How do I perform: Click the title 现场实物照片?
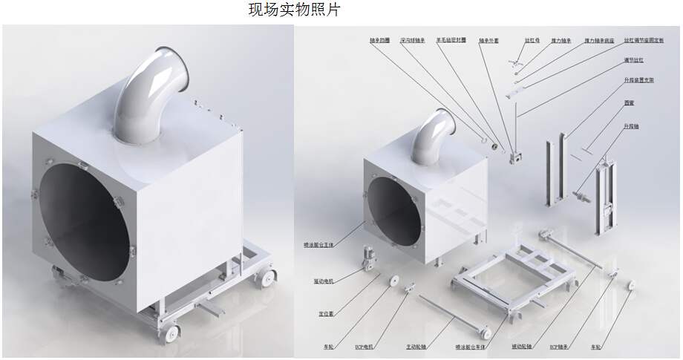click(295, 10)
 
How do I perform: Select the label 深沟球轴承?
click(412, 42)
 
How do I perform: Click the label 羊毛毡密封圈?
click(451, 42)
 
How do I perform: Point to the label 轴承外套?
click(488, 42)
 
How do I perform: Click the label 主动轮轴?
click(417, 346)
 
